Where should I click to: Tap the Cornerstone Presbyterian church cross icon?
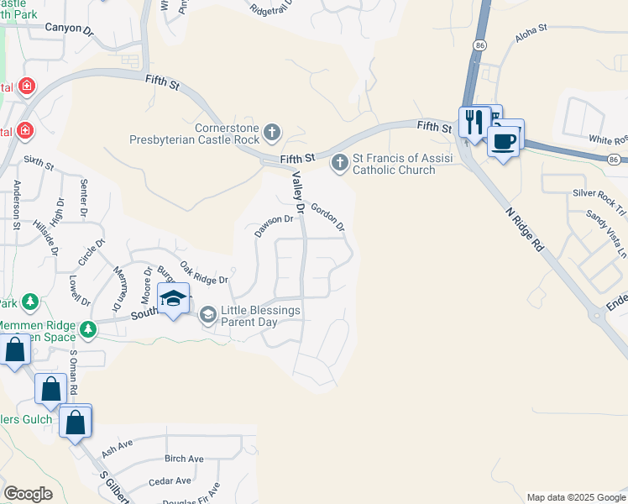271,131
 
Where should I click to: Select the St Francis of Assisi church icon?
339,162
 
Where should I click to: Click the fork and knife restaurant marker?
473,121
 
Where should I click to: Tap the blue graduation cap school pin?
173,300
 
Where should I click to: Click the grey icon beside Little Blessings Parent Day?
207,315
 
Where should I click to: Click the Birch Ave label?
184,459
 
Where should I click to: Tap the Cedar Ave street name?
170,481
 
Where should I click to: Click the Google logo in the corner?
28,493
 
